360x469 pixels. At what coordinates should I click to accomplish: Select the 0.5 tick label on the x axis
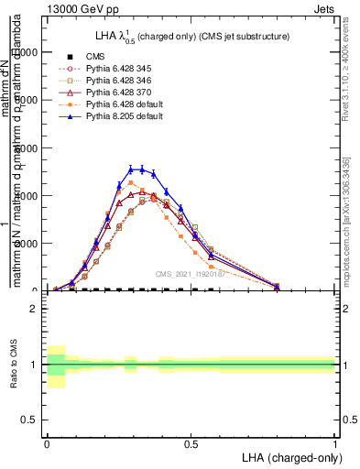191,442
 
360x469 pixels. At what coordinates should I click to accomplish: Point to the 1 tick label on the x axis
334,442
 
